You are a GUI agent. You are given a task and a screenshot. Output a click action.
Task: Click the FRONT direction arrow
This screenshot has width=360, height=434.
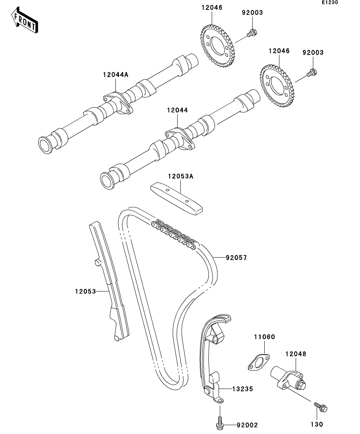click(x=25, y=22)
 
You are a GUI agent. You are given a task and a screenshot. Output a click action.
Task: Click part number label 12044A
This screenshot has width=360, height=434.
click(x=116, y=74)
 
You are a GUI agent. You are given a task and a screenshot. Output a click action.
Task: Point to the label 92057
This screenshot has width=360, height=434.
click(x=236, y=258)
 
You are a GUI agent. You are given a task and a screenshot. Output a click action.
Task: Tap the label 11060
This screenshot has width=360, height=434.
click(x=264, y=337)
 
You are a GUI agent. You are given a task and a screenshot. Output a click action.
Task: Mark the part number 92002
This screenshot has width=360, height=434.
click(x=247, y=425)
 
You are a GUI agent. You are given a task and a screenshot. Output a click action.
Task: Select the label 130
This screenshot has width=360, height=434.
click(x=317, y=424)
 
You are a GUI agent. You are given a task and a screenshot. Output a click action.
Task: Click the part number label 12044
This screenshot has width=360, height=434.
click(x=177, y=111)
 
